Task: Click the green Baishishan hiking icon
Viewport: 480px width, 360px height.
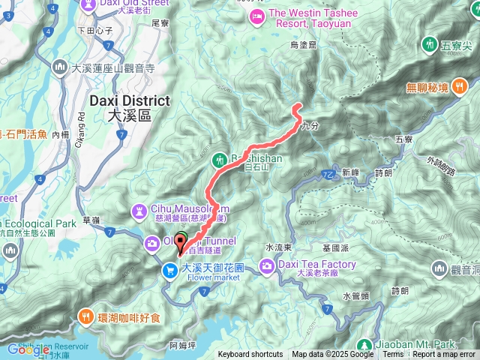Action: [218, 159]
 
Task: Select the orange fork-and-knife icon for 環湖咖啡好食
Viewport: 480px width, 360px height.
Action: [87, 316]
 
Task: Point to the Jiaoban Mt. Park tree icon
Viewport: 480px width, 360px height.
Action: [368, 345]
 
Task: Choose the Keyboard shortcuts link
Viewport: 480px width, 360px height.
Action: [250, 354]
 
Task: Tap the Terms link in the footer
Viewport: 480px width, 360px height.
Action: [393, 354]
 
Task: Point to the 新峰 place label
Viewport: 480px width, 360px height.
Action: [350, 172]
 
